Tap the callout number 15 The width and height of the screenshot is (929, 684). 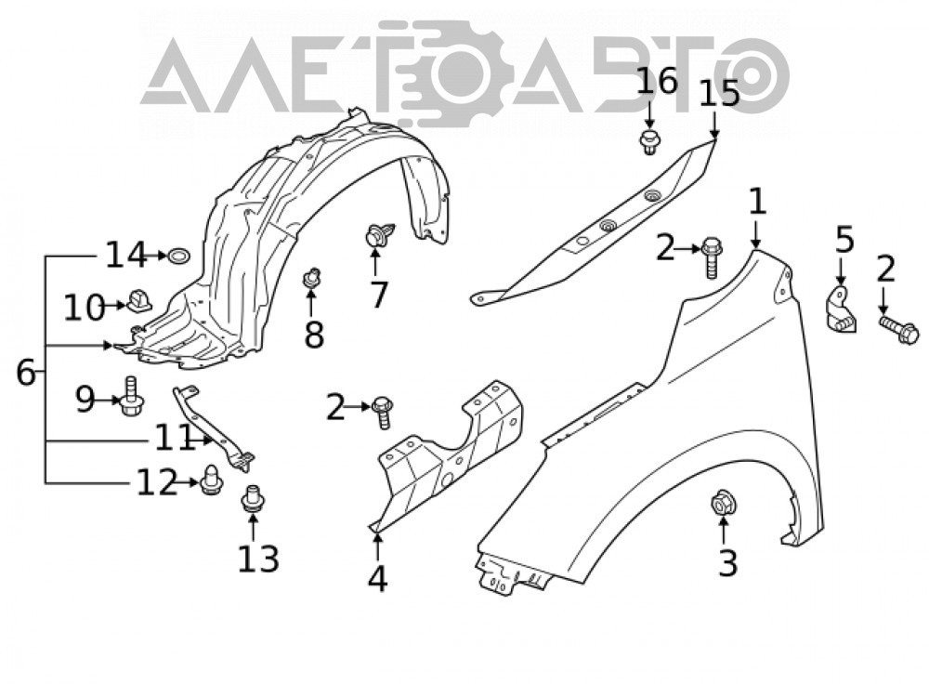point(719,94)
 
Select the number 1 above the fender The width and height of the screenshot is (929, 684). point(757,202)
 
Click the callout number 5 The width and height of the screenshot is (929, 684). point(844,240)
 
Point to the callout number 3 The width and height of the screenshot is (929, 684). point(727,563)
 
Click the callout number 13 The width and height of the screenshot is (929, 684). point(257,559)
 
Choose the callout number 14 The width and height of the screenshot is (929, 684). point(126,255)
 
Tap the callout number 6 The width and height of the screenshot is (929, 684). point(25,373)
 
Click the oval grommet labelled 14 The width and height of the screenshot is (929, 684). point(178,256)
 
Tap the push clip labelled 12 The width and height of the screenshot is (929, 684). point(210,480)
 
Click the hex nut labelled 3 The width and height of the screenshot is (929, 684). point(721,504)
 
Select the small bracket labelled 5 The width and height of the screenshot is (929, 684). point(842,309)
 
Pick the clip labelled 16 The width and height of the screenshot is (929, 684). point(650,141)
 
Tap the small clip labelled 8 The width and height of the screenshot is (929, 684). point(311,277)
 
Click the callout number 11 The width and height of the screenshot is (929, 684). point(175,439)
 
